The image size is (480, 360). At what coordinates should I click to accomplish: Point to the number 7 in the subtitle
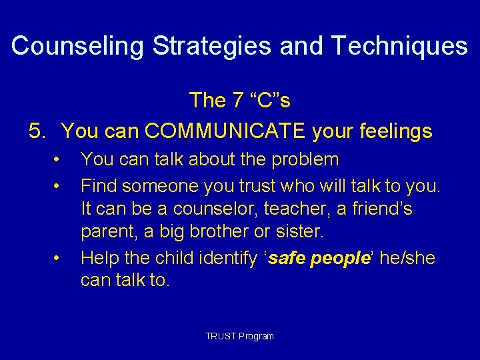pos(237,101)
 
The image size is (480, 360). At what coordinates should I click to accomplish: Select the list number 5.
pos(37,131)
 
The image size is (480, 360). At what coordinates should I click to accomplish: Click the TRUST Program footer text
pos(239,336)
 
